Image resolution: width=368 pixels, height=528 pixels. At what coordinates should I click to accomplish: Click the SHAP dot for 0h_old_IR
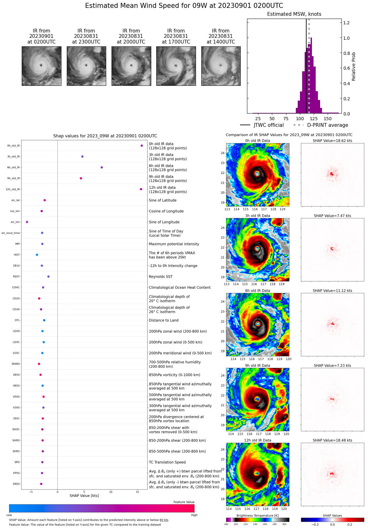coord(142,146)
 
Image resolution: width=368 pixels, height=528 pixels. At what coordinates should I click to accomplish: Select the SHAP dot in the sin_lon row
coord(27,222)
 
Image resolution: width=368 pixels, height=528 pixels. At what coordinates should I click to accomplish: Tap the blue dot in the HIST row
coord(37,255)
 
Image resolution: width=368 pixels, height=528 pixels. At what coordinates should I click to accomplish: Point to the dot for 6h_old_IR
coord(102,167)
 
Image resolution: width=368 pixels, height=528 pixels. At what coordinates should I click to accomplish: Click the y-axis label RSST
coord(16,277)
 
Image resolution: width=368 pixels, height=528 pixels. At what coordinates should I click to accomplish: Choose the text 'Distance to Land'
coord(164,320)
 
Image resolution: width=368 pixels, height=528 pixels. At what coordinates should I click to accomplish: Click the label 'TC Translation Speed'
coord(167,462)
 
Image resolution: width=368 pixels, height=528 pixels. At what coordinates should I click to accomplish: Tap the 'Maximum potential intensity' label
coord(174,244)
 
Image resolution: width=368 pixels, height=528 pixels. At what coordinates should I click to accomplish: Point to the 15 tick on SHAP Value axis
coord(137,492)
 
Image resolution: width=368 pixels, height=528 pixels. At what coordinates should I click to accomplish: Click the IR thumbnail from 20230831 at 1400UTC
coord(221,66)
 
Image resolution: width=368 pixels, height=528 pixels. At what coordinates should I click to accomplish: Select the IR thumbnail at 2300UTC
coord(86,66)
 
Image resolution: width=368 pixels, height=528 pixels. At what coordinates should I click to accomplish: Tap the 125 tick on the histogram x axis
coord(313,119)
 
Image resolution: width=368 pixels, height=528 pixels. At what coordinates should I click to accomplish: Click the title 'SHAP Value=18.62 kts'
coord(332,141)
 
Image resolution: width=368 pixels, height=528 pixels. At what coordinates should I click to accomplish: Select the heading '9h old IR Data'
coord(257,366)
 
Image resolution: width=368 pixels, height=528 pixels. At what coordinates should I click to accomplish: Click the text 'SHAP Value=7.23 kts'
coord(332,366)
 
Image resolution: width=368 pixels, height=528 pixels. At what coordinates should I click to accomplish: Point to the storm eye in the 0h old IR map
coord(257,174)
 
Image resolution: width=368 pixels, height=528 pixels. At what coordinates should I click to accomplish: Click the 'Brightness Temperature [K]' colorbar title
coord(257,516)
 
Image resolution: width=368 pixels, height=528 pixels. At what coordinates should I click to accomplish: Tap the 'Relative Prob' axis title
coord(354,67)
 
